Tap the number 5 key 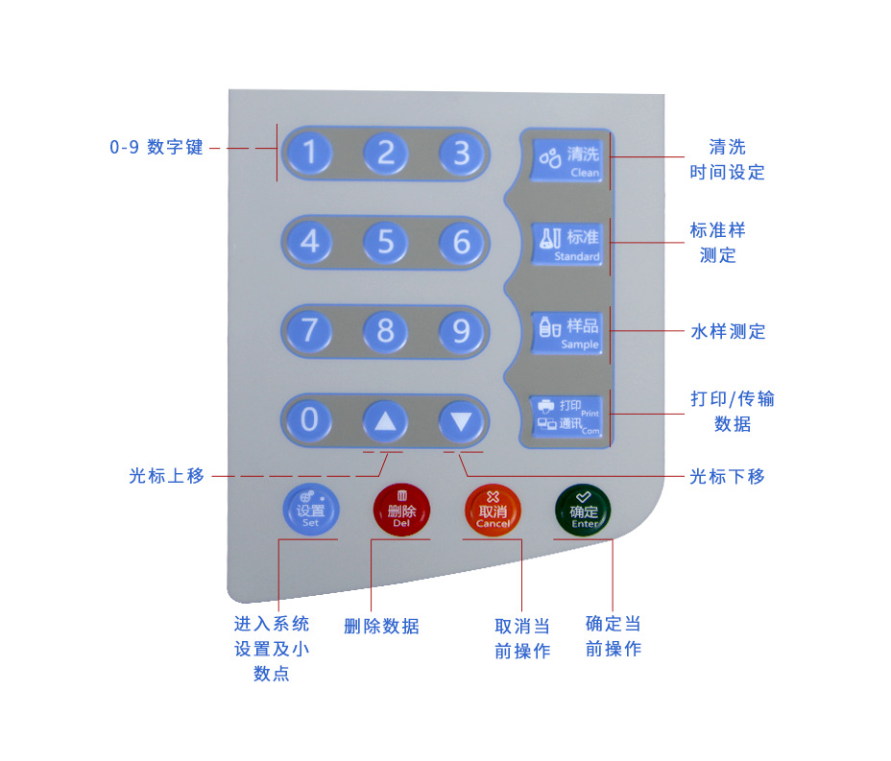[385, 242]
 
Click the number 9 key [462, 331]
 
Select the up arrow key [385, 420]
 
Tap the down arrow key [462, 420]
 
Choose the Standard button [567, 242]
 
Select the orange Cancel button [493, 511]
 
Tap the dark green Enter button [583, 511]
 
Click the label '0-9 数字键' [157, 148]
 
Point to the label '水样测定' [729, 332]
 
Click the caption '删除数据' [382, 627]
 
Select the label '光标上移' [167, 476]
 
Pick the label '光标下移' [728, 476]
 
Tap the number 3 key [462, 153]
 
